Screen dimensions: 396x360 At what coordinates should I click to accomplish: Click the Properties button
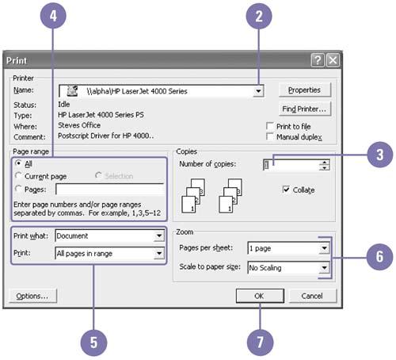305,90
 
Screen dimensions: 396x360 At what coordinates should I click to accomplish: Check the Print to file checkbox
270,126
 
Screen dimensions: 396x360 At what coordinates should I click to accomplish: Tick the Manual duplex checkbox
270,136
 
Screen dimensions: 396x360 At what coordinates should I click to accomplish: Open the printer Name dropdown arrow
258,91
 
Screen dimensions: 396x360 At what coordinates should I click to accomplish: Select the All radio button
18,163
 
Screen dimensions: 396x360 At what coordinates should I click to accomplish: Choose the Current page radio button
18,175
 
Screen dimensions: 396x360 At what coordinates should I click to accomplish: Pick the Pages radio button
18,189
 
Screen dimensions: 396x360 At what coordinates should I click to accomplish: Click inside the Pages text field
109,190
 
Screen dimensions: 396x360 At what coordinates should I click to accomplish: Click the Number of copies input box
291,165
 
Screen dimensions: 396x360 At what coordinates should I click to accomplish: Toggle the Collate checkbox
286,190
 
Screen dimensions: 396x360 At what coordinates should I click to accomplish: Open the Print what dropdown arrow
159,236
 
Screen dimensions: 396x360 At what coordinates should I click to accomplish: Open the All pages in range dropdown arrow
159,253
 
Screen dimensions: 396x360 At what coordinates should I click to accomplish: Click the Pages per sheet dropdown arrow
324,248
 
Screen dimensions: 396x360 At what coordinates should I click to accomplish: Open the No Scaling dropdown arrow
324,268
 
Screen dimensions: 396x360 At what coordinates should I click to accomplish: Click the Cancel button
313,296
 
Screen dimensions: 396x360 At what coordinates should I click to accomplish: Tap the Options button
32,296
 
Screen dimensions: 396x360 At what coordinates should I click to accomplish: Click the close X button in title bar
333,60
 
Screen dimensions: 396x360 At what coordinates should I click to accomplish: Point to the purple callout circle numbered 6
379,257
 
